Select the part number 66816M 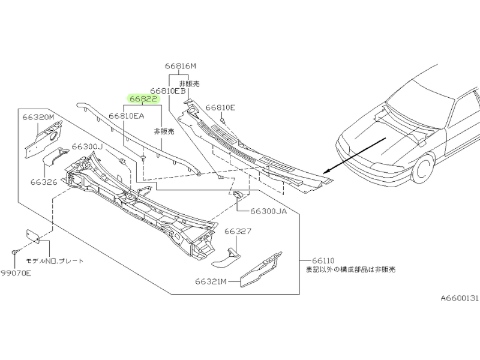(181, 66)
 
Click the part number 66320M (38, 117)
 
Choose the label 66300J (88, 146)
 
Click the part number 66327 (238, 230)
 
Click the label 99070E (16, 272)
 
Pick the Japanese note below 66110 (351, 269)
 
